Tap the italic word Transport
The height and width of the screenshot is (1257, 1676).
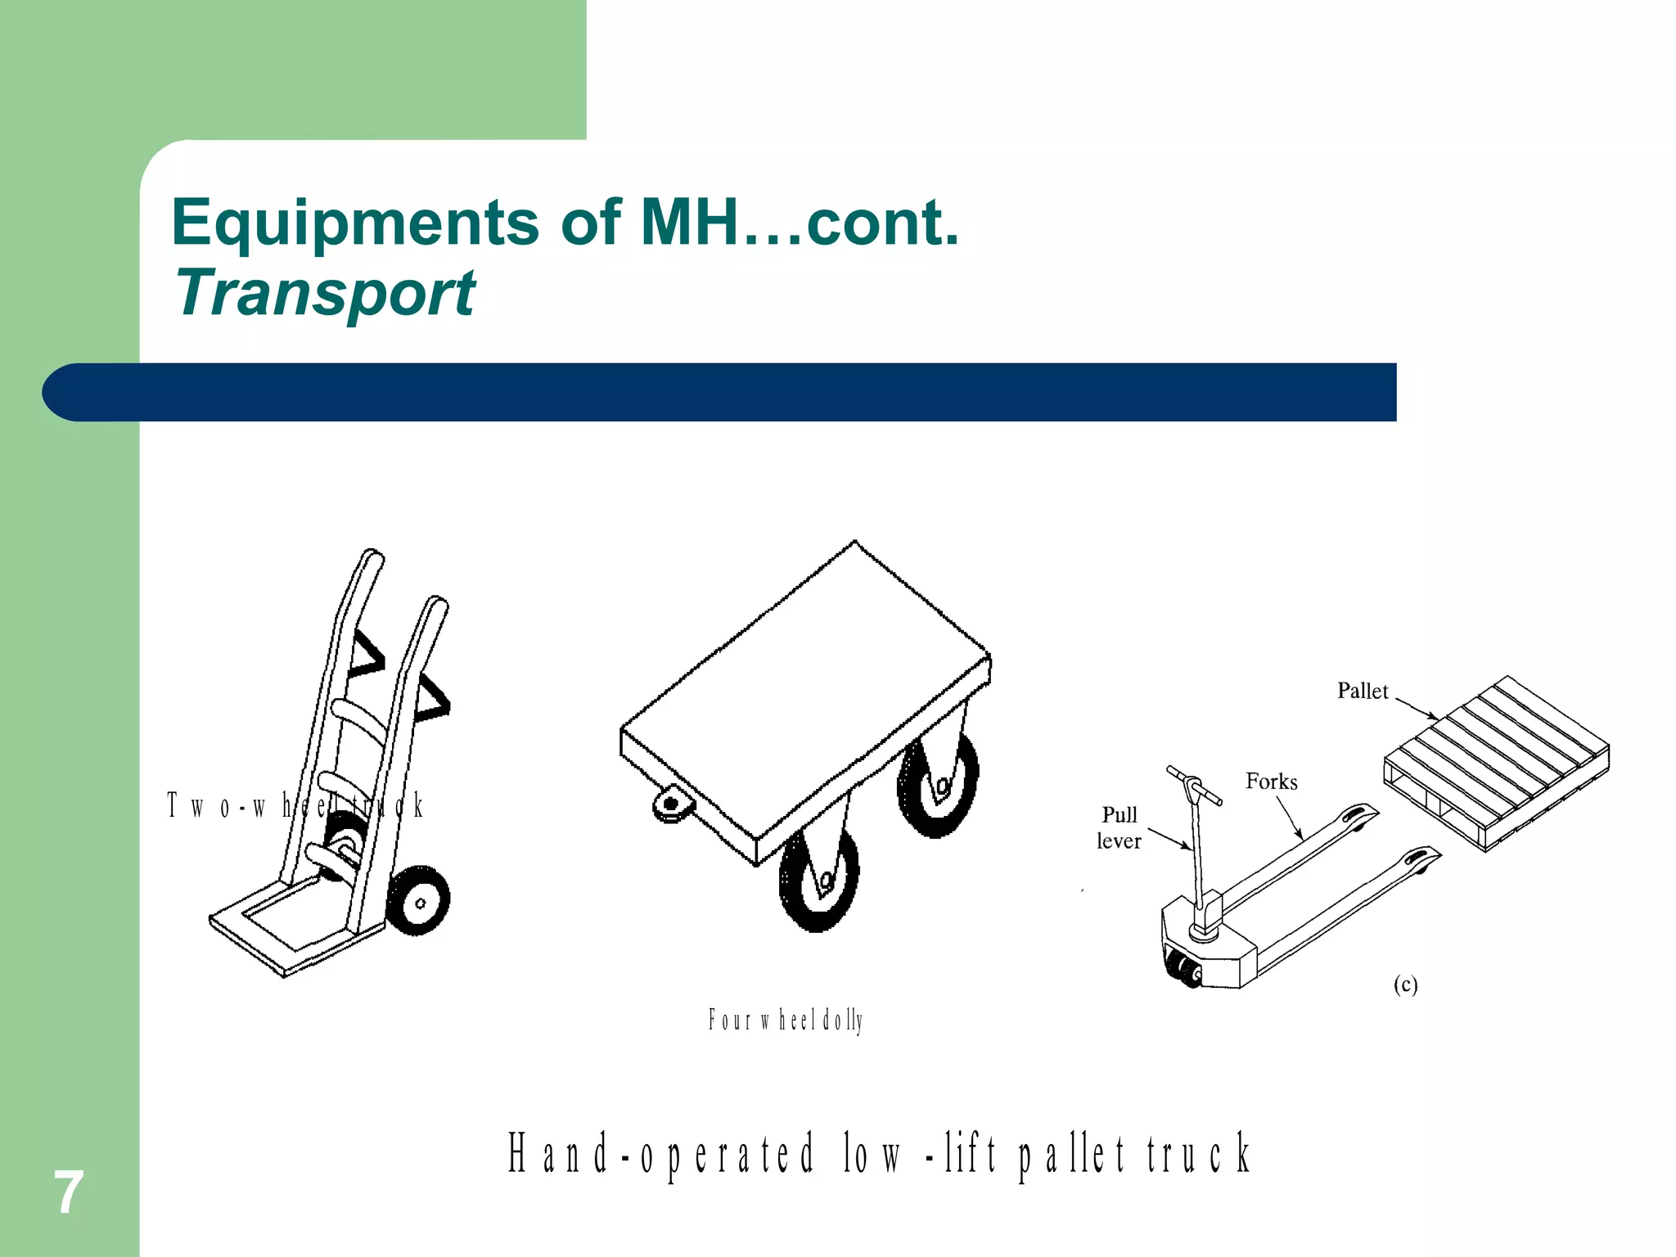coord(325,293)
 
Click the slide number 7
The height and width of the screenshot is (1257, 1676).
coord(68,1192)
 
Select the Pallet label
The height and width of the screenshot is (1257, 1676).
coord(1362,692)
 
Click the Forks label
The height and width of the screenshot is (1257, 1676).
coord(1271,782)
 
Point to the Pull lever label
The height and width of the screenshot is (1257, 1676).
coord(1119,827)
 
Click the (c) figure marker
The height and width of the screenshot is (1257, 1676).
coord(1405,984)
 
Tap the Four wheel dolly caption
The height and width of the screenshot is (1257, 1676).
coord(785,1020)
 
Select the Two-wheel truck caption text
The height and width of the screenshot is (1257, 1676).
coord(295,806)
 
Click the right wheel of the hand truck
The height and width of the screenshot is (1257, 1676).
coord(418,901)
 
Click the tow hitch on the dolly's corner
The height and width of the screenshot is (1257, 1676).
coord(672,803)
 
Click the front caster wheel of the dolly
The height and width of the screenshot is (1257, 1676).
coord(818,880)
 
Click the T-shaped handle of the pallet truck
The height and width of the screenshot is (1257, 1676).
coord(1193,785)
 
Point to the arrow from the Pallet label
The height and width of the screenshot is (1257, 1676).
coord(1417,709)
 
